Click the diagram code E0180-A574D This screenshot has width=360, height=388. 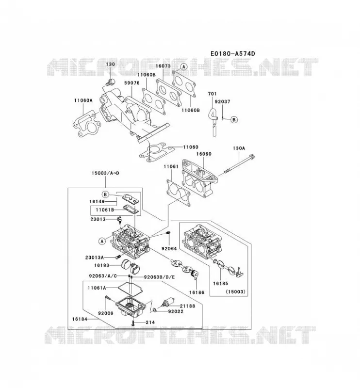pos(232,53)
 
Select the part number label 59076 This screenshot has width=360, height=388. pos(131,83)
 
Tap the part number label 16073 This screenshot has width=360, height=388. pos(163,66)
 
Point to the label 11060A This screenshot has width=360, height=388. pos(83,100)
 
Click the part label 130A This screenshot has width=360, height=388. pos(239,148)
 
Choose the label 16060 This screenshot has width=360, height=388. pos(204,154)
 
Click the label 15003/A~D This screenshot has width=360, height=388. pos(105,173)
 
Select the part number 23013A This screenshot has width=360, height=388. pos(95,258)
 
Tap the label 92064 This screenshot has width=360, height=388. pos(169,249)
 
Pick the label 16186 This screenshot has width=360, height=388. pos(197,292)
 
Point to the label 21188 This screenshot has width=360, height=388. pos(187,306)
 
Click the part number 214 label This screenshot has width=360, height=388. pos(150,323)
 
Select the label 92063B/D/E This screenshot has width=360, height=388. pos(160,277)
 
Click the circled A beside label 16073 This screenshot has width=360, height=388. pos(183,66)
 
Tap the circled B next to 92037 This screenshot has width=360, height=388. pos(234,119)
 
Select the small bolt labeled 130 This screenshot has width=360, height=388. pos(110,82)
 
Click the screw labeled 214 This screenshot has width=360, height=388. pos(133,323)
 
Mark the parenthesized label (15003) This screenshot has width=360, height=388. pos(235,292)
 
